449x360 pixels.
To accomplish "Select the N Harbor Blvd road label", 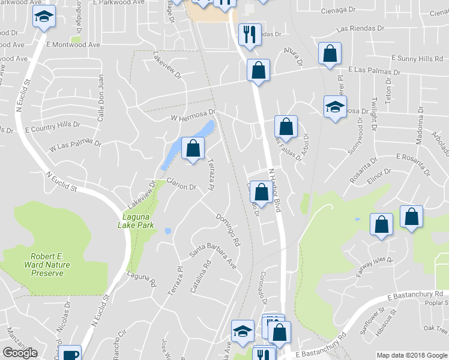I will [x=274, y=188].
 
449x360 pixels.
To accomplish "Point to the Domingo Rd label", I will [x=228, y=230].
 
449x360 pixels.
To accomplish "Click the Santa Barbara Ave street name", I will [x=213, y=259].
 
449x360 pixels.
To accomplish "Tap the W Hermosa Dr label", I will [x=193, y=115].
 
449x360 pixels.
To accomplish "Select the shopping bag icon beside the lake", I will [x=192, y=149].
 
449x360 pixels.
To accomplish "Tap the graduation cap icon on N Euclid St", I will [x=43, y=17].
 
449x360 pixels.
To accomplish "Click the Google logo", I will [x=20, y=353].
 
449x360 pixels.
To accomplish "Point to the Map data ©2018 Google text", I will [x=412, y=355].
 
